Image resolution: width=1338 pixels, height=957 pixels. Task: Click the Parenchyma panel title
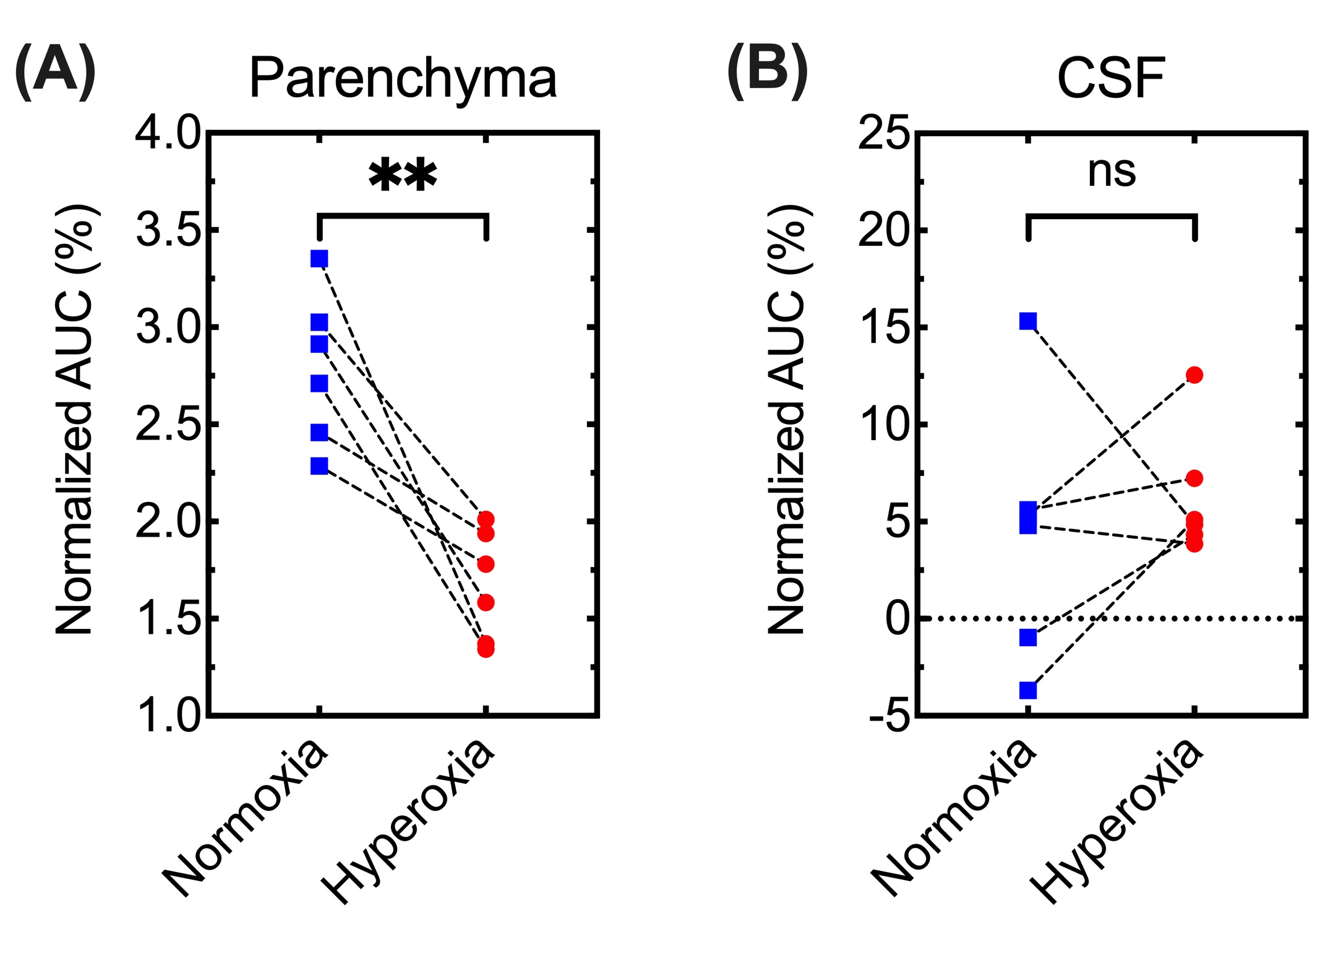[x=403, y=79]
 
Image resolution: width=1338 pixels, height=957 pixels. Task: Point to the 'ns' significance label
[x=1112, y=171]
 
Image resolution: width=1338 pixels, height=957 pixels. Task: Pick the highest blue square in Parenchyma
[x=319, y=258]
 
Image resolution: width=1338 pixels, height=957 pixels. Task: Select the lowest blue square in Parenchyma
[x=319, y=466]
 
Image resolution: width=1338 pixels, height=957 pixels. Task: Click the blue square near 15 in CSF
[x=1028, y=321]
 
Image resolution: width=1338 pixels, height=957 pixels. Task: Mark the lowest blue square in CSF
[x=1028, y=690]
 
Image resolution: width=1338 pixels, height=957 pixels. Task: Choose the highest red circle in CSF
[x=1194, y=375]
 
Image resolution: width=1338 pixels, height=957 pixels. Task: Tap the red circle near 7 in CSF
[x=1194, y=478]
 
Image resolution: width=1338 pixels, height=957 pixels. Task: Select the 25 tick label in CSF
[x=883, y=132]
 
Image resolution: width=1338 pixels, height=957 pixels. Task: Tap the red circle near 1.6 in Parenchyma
[x=486, y=602]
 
